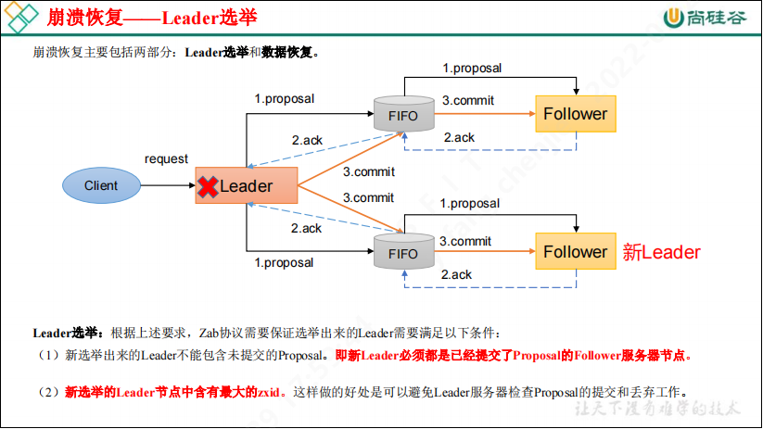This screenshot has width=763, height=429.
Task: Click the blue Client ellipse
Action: pyautogui.click(x=101, y=185)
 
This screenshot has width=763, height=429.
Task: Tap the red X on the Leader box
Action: pyautogui.click(x=208, y=186)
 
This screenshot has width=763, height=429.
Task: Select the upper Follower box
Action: pyautogui.click(x=575, y=114)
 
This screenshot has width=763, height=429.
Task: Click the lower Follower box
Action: pyautogui.click(x=575, y=252)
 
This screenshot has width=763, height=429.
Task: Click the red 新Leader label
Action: pyautogui.click(x=661, y=252)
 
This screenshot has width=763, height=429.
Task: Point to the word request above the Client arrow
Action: pyautogui.click(x=166, y=159)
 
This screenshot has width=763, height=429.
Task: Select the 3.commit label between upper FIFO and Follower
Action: pyautogui.click(x=468, y=100)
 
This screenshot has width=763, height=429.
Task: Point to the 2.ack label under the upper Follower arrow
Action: pyautogui.click(x=459, y=137)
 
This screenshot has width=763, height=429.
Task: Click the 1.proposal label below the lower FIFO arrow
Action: pyautogui.click(x=285, y=262)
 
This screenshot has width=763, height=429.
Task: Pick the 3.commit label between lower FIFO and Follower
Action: pyautogui.click(x=465, y=241)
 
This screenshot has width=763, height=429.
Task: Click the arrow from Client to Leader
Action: pyautogui.click(x=167, y=185)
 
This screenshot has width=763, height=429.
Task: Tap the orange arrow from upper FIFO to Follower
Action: pyautogui.click(x=482, y=114)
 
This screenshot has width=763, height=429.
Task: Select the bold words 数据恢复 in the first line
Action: pyautogui.click(x=289, y=53)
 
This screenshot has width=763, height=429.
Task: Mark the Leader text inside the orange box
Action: pyautogui.click(x=246, y=186)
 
